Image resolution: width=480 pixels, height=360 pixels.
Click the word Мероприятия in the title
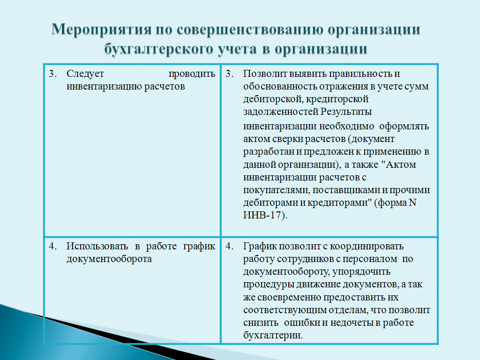click(x=102, y=30)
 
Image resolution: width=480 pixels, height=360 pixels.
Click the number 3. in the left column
click(x=53, y=74)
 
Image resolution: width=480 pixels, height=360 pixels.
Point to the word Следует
click(x=85, y=74)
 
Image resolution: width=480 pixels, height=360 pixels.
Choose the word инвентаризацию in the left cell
click(x=104, y=87)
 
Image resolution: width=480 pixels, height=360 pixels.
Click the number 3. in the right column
click(x=230, y=74)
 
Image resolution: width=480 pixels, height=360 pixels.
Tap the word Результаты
click(x=346, y=112)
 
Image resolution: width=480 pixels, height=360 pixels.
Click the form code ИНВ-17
click(x=264, y=215)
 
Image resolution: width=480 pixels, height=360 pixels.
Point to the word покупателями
click(x=277, y=190)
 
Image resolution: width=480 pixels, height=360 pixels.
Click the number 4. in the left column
click(x=53, y=246)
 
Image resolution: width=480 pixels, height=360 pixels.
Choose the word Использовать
click(x=97, y=246)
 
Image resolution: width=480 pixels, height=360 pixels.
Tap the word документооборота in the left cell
click(x=109, y=259)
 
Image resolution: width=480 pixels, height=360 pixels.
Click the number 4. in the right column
click(x=230, y=246)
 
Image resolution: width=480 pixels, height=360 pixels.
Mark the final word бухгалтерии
click(x=273, y=336)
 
